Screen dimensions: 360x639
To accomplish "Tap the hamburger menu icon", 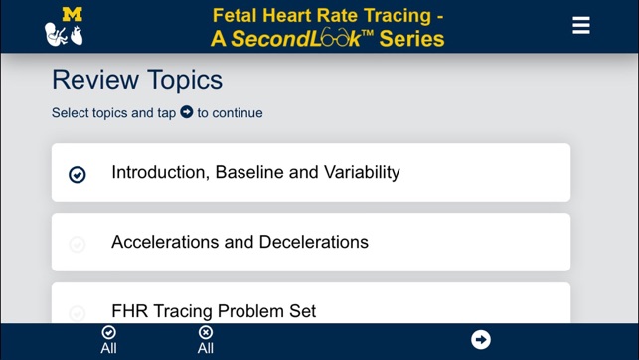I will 581,26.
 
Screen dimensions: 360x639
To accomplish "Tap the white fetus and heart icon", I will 64,35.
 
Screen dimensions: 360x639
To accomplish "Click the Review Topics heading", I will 137,80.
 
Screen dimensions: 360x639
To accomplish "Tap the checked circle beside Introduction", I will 78,174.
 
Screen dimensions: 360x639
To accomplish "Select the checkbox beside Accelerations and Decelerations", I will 78,244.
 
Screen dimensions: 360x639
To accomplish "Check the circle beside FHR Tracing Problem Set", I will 78,312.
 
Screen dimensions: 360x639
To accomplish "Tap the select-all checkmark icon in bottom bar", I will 108,332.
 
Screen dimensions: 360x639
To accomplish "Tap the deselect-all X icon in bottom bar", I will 205,332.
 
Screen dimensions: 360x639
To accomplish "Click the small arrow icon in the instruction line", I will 186,112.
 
